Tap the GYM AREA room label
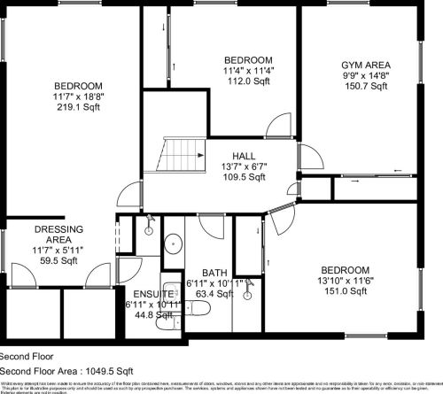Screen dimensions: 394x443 366,66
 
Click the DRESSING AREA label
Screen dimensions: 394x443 52,235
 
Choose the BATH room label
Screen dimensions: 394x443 214,273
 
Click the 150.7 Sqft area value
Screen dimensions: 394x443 366,87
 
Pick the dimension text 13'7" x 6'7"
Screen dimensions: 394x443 245,166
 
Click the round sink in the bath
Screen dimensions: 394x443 173,243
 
